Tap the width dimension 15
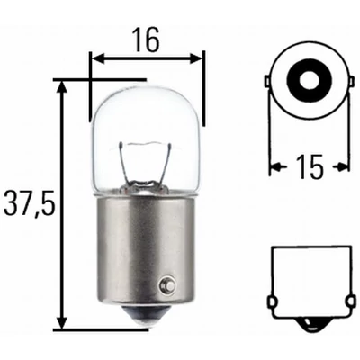coord(309,166)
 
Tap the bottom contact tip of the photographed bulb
coord(147,321)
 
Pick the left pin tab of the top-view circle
coord(267,83)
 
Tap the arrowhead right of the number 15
coord(343,166)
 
